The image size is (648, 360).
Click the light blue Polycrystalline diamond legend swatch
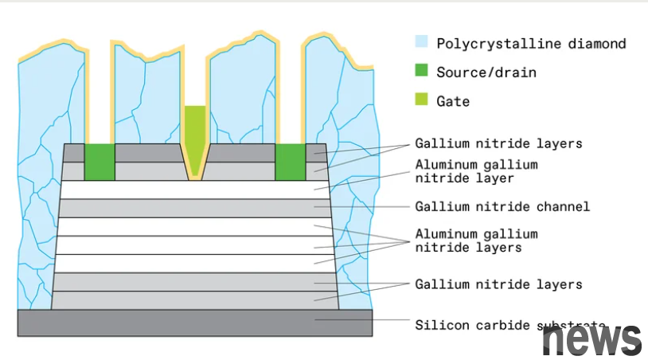(x=422, y=43)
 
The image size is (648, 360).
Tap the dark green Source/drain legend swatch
(x=422, y=72)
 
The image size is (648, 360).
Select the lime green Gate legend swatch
(x=422, y=101)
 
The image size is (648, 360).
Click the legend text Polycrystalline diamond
(x=531, y=44)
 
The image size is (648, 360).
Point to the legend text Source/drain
(x=486, y=72)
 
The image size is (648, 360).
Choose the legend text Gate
(x=453, y=101)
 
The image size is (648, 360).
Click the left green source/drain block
(x=100, y=162)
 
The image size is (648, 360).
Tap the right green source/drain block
(x=290, y=162)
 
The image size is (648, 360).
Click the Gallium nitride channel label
(x=502, y=207)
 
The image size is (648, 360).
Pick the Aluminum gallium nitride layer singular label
(x=476, y=171)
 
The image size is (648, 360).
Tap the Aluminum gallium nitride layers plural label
(x=476, y=241)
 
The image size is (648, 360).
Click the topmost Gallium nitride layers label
(x=498, y=144)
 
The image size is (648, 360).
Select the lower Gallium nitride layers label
(x=498, y=284)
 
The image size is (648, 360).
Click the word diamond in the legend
(x=599, y=44)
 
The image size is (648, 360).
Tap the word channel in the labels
(x=563, y=207)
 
